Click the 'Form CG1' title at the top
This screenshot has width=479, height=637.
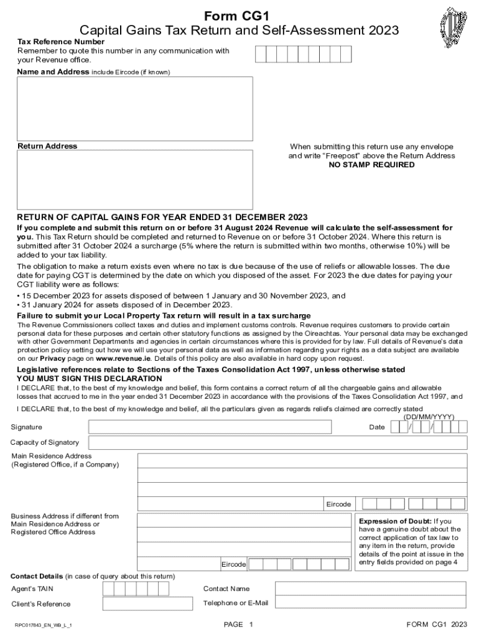click(240, 16)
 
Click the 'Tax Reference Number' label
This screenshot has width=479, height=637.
click(60, 41)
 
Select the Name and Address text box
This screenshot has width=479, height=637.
click(134, 109)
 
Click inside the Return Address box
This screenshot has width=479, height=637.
click(134, 179)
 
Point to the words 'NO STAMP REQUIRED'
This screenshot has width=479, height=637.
click(371, 165)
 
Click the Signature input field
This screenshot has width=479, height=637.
click(210, 427)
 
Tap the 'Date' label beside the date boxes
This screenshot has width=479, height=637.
click(377, 427)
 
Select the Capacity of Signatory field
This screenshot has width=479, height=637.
click(277, 442)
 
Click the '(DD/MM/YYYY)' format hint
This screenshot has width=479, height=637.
click(429, 417)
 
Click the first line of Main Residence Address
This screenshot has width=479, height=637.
click(302, 460)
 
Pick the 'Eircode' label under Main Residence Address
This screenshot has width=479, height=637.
click(338, 504)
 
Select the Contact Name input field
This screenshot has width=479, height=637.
click(370, 588)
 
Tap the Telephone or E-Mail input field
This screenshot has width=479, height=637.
click(370, 603)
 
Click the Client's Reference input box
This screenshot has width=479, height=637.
click(147, 603)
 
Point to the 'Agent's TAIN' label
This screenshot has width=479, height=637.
click(32, 588)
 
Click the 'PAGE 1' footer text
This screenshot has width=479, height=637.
click(239, 624)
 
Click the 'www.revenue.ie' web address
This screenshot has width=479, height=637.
click(123, 358)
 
